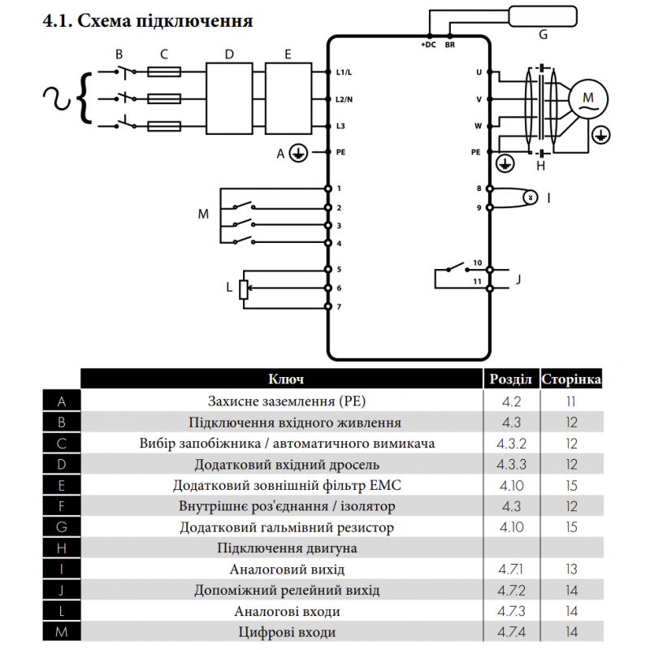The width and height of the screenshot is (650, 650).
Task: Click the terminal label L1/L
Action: coord(344,72)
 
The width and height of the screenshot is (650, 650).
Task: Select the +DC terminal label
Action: coord(427,45)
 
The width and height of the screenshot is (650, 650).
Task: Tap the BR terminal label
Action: coord(450,45)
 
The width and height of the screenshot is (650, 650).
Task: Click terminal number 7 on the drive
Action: coord(338,306)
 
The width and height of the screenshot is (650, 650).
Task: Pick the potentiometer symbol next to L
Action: coord(243,288)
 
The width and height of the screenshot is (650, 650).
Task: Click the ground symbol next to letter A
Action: coord(298,153)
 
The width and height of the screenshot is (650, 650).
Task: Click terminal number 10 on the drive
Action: coord(478,263)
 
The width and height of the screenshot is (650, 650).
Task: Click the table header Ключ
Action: coord(286,379)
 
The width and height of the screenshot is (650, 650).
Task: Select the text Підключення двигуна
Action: coord(287,548)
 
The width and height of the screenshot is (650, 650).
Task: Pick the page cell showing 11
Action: coord(571,401)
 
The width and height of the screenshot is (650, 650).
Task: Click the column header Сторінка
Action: coord(571,379)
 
